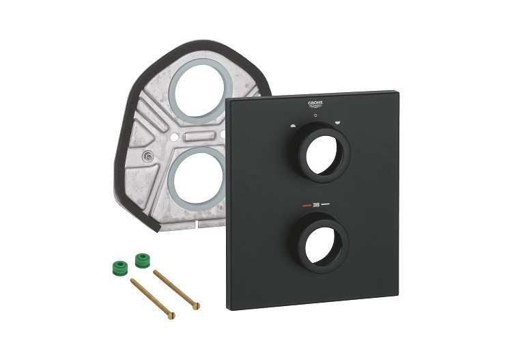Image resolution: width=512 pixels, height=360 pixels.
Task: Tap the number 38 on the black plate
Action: tap(316, 204)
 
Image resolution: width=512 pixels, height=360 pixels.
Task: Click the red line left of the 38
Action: tap(303, 204)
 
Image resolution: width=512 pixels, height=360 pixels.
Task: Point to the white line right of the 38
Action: tap(327, 204)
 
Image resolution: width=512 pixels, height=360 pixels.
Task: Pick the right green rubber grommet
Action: tap(142, 260)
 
